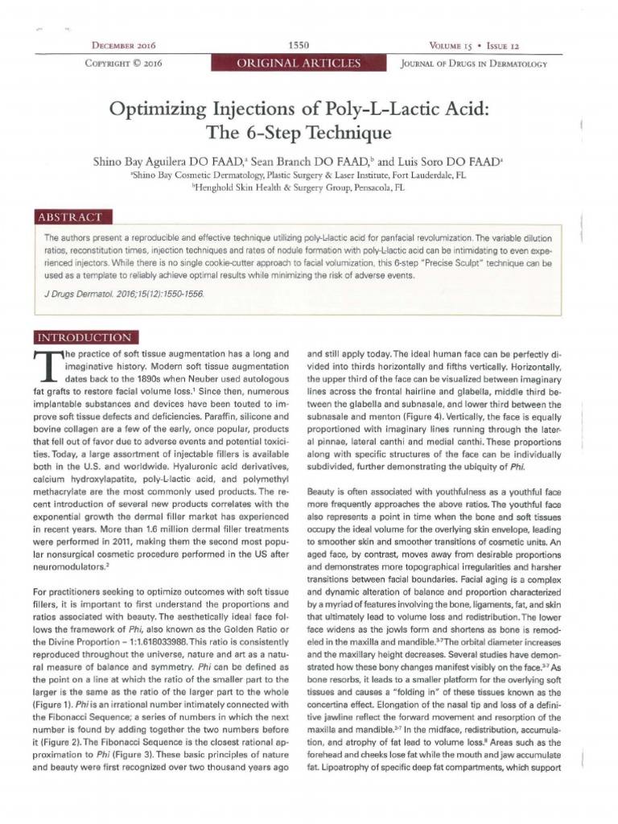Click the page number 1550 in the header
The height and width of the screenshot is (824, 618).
[x=298, y=46]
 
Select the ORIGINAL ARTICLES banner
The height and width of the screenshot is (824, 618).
[x=299, y=64]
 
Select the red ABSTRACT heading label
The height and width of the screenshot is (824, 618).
[x=72, y=217]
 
